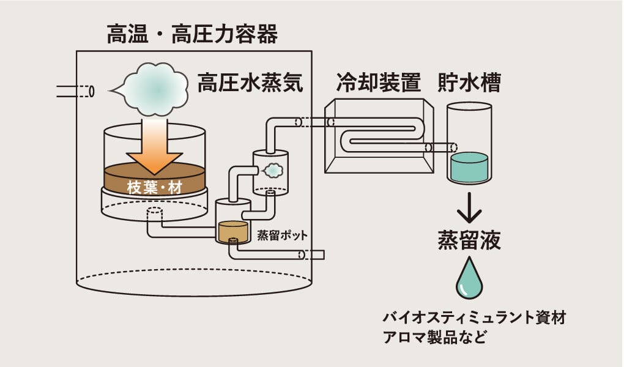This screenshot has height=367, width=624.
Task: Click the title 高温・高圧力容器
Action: pos(192,34)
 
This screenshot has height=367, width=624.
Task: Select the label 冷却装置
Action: pos(378,83)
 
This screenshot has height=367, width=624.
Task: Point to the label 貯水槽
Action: pos(469,83)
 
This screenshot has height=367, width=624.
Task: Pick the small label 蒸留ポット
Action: pos(282,235)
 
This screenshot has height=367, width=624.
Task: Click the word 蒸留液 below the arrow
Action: pos(469,240)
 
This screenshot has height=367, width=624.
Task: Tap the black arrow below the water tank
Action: pos(469,208)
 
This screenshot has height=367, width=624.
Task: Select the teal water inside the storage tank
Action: pos(469,168)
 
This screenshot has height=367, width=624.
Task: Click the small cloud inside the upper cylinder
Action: pos(272,169)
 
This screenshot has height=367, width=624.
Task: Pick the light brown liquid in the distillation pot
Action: pos(233,231)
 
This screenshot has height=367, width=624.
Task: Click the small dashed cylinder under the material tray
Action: pos(154,215)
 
